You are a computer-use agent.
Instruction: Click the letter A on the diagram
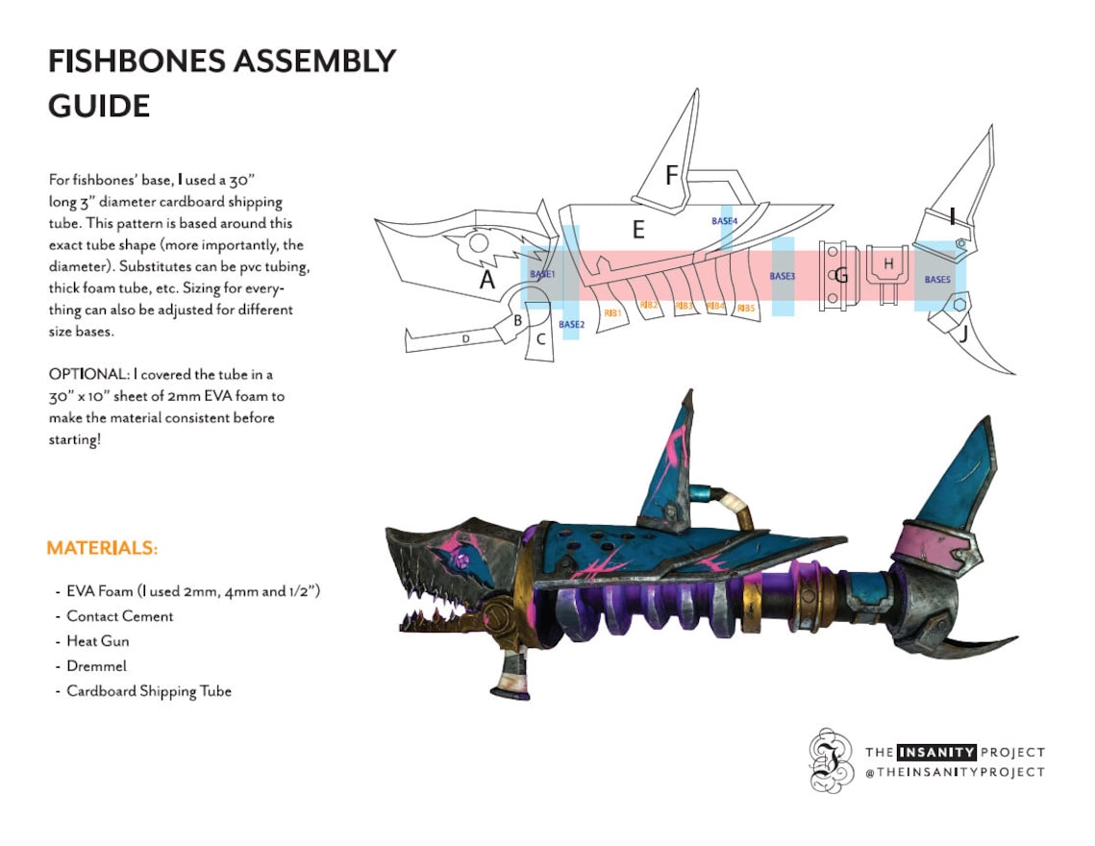487,279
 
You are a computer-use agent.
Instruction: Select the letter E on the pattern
637,230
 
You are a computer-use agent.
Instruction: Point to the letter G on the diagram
841,276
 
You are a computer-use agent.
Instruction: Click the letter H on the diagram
888,262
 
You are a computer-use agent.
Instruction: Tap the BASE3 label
783,276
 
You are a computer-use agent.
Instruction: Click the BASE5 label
937,279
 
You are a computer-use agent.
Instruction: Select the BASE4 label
725,220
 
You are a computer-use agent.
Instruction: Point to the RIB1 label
612,311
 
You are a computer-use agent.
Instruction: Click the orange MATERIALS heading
102,548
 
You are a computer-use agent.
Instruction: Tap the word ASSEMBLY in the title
312,62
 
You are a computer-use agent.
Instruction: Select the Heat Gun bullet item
97,641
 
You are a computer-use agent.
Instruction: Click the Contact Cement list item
119,616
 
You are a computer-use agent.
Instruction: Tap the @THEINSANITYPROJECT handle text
955,772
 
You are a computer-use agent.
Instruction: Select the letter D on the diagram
465,338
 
